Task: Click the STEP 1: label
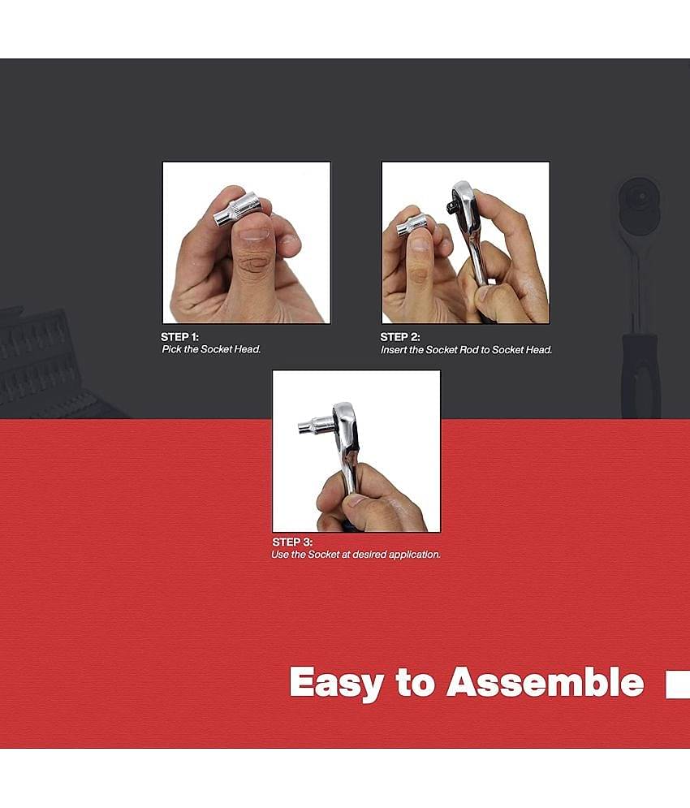(179, 336)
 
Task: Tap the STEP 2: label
(399, 337)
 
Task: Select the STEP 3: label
(292, 542)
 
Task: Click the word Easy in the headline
(336, 683)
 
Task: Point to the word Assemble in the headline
(545, 682)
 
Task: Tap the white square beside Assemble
(677, 685)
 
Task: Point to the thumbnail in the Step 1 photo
(255, 235)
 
